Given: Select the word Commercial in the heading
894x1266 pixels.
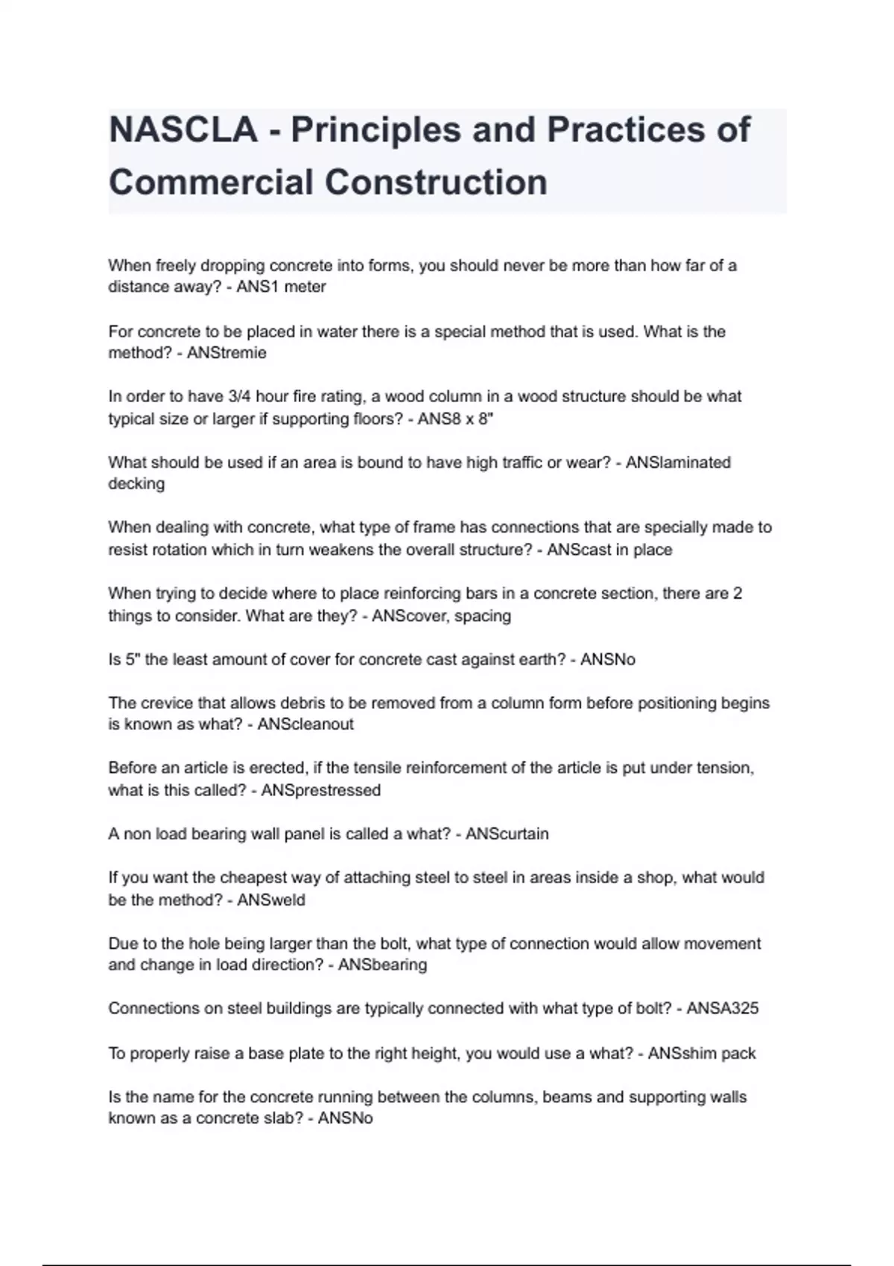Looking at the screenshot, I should (210, 182).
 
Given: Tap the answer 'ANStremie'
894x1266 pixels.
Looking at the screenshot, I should (226, 353).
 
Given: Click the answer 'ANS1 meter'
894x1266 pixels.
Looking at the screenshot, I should (281, 287).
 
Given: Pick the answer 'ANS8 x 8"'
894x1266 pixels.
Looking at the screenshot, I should (455, 419).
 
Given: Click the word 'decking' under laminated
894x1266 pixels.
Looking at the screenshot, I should (136, 484).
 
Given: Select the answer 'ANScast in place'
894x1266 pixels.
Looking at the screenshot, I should (609, 550).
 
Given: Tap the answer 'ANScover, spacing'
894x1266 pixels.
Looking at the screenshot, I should (441, 616).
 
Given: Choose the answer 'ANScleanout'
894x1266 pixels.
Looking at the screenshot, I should (305, 725).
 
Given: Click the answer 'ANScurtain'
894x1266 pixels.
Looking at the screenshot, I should (507, 834).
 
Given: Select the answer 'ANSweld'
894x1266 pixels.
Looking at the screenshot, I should (271, 900).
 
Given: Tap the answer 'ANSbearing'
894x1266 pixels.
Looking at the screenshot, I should (382, 965).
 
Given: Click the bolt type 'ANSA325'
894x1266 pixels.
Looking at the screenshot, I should (722, 1008).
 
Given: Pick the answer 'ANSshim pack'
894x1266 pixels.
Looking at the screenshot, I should (701, 1054).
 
